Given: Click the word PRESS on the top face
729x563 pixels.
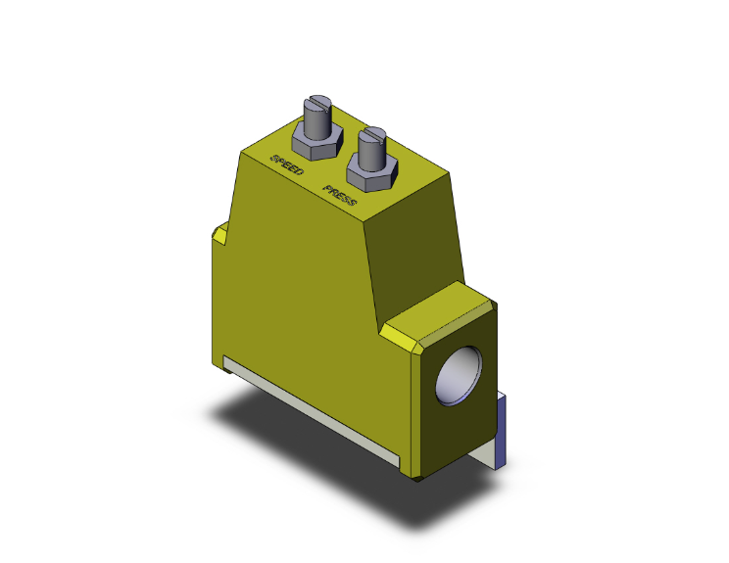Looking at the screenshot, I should coord(347,195).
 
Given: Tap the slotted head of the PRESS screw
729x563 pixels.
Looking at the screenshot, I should coord(371,133).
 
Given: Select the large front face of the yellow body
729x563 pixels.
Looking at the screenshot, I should coord(294,294).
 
